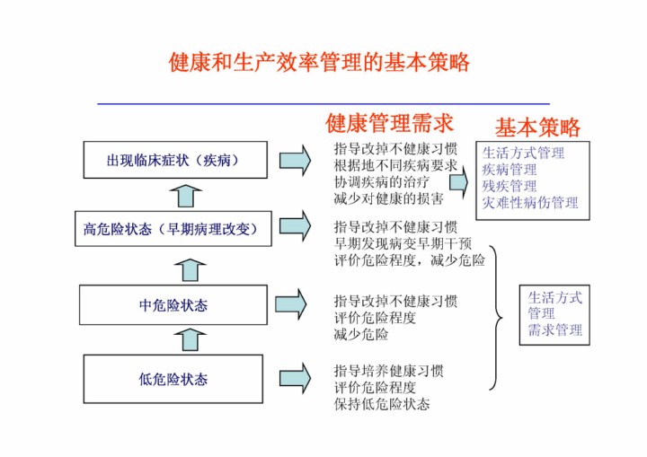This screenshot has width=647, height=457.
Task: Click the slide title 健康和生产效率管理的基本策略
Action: pos(319,63)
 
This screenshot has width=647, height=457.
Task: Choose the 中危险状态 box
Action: pos(173,305)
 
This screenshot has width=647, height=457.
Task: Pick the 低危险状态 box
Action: pos(173,379)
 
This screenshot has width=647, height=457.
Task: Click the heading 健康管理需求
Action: pos(389,122)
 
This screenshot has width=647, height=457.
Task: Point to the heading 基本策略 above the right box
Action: pos(537,127)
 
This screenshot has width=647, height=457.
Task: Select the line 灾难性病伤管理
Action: pos(530,203)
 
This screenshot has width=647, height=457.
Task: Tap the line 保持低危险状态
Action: pos(382,404)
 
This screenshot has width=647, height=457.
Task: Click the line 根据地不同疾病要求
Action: pos(395,166)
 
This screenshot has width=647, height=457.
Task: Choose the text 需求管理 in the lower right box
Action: pos(554,330)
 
